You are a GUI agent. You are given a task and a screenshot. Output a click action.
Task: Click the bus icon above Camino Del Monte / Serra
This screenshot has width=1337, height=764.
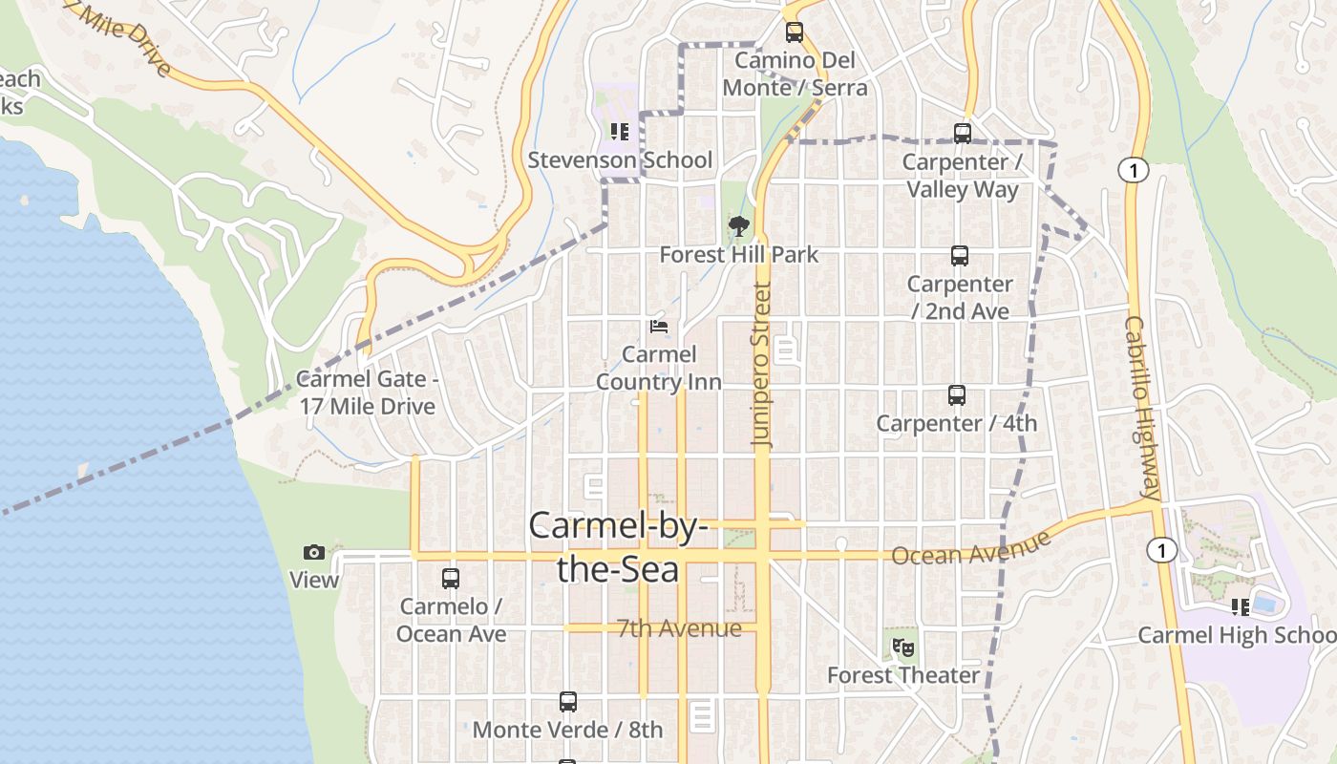(x=795, y=32)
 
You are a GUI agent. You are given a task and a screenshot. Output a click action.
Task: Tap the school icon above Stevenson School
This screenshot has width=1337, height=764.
(x=620, y=132)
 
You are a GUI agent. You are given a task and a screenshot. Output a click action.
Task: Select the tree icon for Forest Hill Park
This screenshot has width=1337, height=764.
(x=738, y=227)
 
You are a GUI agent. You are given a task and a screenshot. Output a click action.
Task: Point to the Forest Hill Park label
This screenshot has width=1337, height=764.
(x=739, y=255)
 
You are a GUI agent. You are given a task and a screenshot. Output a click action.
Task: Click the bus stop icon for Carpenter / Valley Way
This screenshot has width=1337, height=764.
(x=963, y=134)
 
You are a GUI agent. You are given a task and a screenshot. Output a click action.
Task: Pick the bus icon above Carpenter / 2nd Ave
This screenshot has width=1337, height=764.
(x=960, y=256)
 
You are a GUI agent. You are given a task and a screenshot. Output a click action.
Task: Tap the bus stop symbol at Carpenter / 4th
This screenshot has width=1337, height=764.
(x=957, y=395)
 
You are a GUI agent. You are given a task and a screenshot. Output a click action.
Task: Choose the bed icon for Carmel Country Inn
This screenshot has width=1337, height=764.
(x=658, y=327)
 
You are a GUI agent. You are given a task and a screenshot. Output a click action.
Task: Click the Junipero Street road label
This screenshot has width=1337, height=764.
(x=761, y=365)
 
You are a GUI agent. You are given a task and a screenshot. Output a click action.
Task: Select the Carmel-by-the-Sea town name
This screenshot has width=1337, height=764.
(x=619, y=546)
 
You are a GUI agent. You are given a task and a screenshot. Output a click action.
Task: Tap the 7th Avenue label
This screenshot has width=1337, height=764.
(x=679, y=628)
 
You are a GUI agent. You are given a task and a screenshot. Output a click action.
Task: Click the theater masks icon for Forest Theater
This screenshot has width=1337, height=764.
(x=903, y=647)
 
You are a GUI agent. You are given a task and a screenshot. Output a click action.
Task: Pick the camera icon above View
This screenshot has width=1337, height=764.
(x=314, y=552)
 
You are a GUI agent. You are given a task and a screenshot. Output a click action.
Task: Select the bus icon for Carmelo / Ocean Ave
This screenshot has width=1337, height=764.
(x=451, y=579)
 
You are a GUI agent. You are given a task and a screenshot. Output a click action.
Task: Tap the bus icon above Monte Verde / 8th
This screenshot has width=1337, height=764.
(x=568, y=702)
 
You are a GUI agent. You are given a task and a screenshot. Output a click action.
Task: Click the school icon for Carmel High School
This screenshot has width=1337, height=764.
(x=1241, y=607)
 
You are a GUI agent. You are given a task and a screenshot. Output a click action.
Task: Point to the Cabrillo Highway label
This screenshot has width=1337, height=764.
(x=1142, y=409)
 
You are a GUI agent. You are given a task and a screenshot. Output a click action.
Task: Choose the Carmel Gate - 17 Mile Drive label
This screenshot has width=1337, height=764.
(x=368, y=393)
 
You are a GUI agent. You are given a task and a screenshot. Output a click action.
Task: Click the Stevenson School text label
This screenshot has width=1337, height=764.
(x=620, y=159)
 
